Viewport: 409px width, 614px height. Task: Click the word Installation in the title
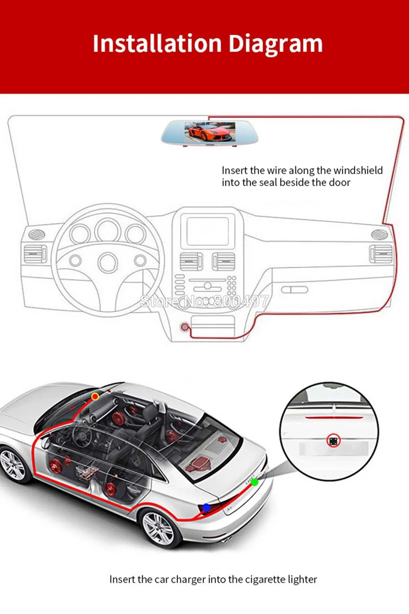(x=157, y=43)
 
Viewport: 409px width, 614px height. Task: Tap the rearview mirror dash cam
(x=209, y=133)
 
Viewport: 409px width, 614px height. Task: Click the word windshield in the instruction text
(x=358, y=170)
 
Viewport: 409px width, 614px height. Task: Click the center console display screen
(x=207, y=231)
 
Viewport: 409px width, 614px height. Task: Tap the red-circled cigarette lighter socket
(x=185, y=327)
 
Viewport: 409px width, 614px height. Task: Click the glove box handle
(x=295, y=290)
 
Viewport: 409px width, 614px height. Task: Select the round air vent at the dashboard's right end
(x=380, y=234)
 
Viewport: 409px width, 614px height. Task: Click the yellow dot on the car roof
(x=95, y=396)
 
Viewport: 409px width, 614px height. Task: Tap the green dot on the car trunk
(x=254, y=482)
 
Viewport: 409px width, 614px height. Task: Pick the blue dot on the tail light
(x=207, y=508)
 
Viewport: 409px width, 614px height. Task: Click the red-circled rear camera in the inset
(x=334, y=441)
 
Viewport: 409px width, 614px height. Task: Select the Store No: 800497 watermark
(x=204, y=301)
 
